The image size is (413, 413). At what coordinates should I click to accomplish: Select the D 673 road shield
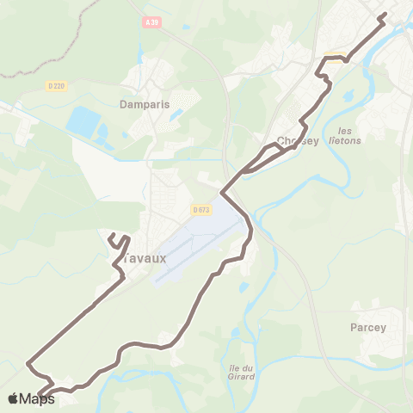(x=201, y=209)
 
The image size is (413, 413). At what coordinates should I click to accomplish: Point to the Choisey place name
(x=299, y=142)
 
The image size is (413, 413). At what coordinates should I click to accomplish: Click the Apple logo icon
(x=13, y=398)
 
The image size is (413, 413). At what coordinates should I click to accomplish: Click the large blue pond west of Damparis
(x=83, y=121)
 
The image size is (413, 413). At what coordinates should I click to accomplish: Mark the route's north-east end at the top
(x=383, y=15)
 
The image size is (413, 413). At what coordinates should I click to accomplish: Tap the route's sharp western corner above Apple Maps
(x=28, y=362)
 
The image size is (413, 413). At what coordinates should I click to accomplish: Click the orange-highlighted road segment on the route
(x=333, y=59)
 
